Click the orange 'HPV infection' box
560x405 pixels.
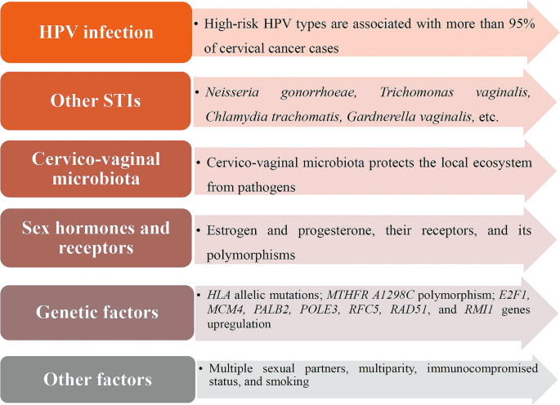tap(96, 32)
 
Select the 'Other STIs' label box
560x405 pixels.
tap(96, 100)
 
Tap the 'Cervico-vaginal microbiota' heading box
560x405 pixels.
tap(96, 169)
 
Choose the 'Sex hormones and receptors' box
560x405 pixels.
tap(96, 238)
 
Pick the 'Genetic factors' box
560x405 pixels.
tap(97, 312)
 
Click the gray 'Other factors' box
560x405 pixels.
tap(98, 380)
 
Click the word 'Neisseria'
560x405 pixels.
tap(232, 92)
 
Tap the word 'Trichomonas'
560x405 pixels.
tap(416, 92)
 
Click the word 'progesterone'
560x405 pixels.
tap(336, 231)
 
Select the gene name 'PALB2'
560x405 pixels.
tap(271, 309)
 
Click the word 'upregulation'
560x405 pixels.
tap(239, 324)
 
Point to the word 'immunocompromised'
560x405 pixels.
tap(482, 368)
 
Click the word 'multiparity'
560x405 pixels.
tap(388, 368)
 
